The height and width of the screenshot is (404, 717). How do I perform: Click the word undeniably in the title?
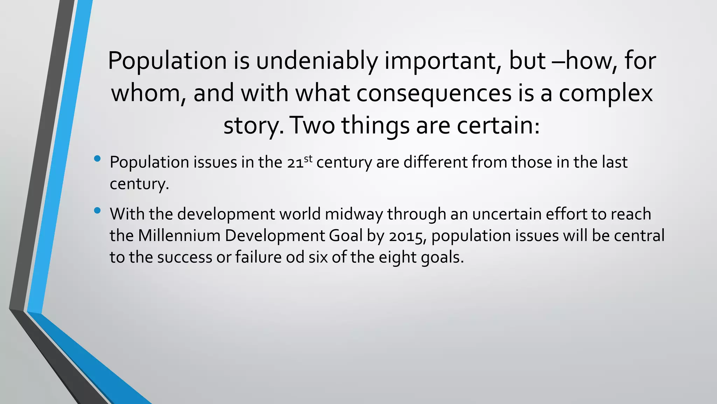(316, 61)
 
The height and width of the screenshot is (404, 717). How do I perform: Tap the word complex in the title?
(606, 93)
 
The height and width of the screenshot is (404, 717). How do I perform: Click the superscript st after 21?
(308, 159)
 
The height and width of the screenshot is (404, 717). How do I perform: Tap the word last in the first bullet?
(614, 162)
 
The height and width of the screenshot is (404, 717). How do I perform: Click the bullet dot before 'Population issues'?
(97, 159)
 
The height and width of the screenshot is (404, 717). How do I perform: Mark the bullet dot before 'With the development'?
(97, 211)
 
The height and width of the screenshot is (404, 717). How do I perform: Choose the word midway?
(354, 214)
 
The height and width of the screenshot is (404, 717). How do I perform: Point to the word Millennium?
(179, 236)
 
